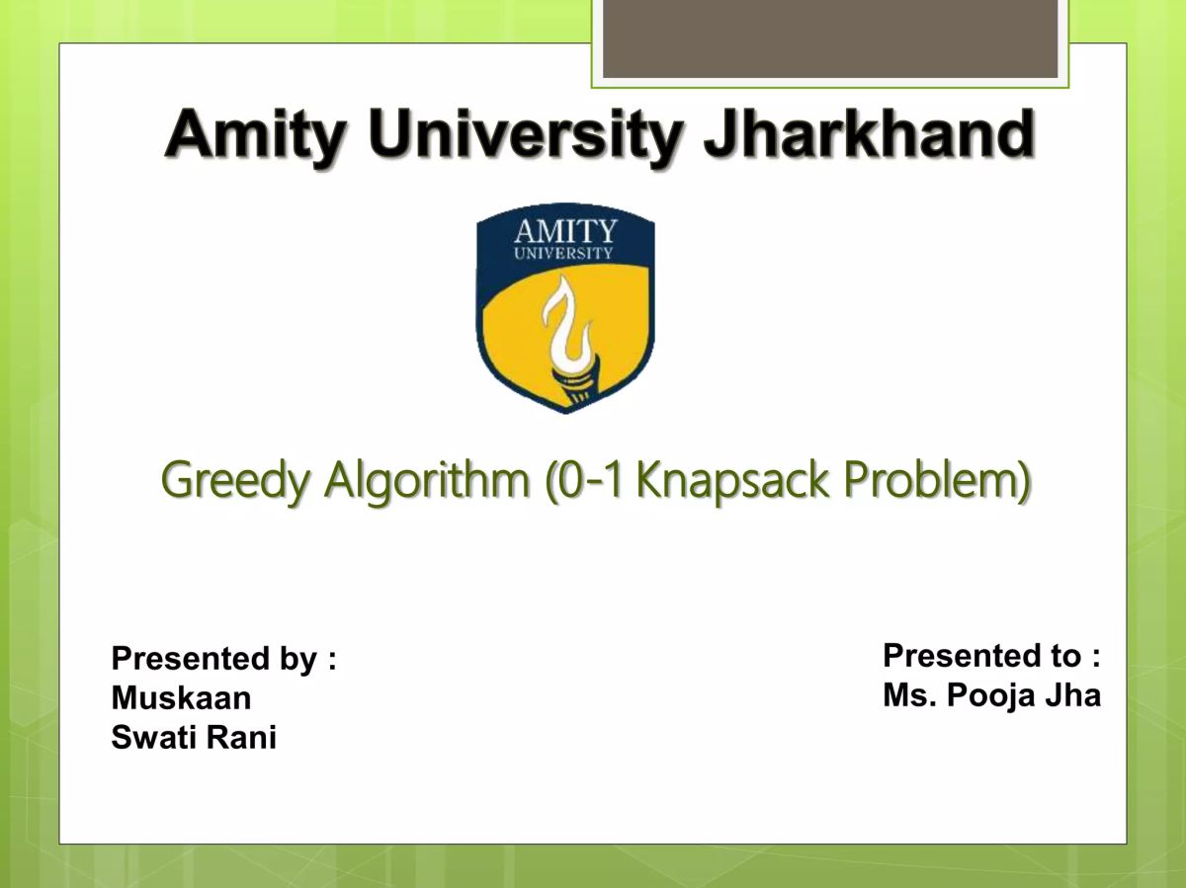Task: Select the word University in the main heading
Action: [x=526, y=135]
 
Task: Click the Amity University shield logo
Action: [x=565, y=310]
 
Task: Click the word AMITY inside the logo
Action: [x=565, y=231]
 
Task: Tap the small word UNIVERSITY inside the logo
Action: [x=563, y=253]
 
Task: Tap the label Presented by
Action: [x=223, y=658]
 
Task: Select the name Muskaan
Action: [x=181, y=698]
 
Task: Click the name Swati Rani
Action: [x=194, y=738]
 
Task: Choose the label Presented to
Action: [x=991, y=655]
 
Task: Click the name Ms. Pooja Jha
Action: [x=991, y=695]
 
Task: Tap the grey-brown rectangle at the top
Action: [x=830, y=39]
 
